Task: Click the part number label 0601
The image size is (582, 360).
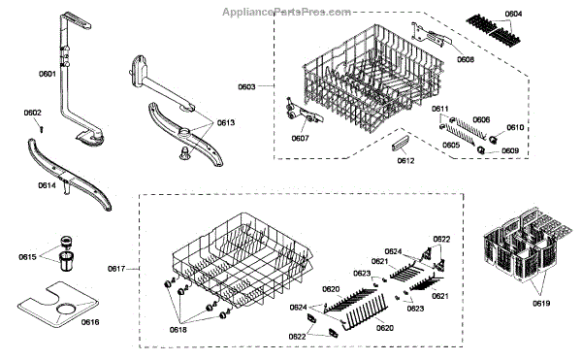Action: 48,74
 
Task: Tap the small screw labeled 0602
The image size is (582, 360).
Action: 42,129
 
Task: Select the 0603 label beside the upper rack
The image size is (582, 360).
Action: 246,86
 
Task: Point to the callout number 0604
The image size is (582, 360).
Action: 513,14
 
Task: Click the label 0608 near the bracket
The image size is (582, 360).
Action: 466,59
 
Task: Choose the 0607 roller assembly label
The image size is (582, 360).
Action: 300,139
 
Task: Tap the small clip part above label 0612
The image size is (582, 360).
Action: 400,144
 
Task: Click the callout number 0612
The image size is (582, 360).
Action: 405,161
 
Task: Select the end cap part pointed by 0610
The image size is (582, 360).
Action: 494,139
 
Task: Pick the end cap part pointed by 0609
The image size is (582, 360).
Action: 481,150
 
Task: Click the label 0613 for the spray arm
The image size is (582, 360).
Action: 226,123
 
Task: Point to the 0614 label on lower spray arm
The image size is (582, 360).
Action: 48,185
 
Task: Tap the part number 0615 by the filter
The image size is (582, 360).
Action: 27,257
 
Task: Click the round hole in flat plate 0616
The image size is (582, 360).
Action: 67,309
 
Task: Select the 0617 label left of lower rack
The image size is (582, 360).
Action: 116,269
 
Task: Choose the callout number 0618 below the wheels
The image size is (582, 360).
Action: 178,330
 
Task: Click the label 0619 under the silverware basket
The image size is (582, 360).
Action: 541,303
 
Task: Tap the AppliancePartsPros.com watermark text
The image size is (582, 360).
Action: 286,13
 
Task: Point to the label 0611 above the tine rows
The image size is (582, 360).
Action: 439,109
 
